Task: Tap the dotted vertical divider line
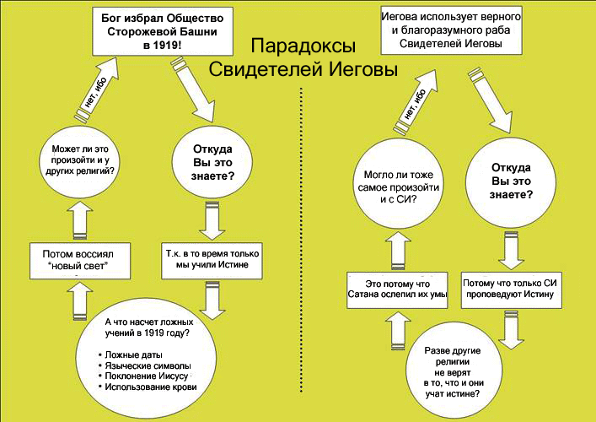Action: (x=302, y=253)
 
